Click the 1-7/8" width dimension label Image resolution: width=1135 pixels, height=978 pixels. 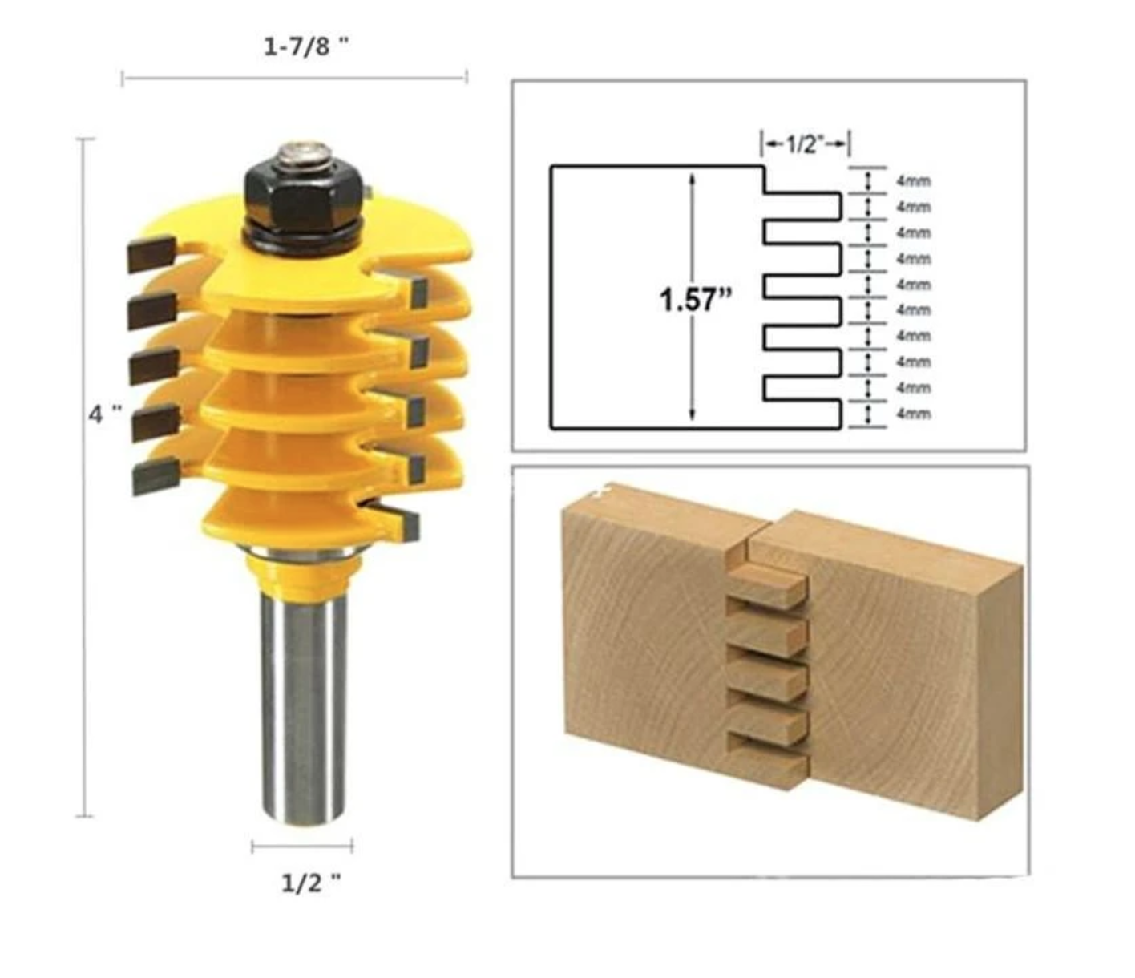[x=307, y=46]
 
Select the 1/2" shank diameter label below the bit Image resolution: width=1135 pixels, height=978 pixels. [x=310, y=883]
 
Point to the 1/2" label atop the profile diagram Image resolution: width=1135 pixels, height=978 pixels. [x=805, y=144]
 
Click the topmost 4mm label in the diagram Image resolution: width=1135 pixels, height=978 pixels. [x=913, y=181]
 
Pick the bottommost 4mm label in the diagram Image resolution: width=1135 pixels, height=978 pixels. [x=913, y=414]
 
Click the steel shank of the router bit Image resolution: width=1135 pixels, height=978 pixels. [x=300, y=705]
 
